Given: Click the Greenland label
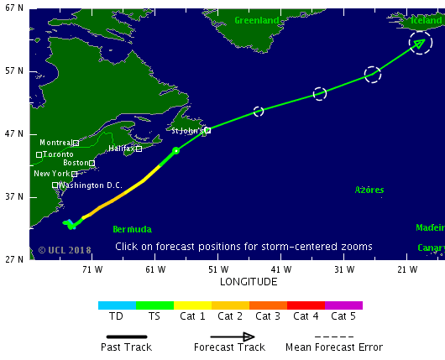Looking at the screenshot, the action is [256, 20].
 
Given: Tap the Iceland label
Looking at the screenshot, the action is [425, 20].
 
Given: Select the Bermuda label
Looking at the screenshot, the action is [132, 229].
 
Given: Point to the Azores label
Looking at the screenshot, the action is [369, 190].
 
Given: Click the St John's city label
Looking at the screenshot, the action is [187, 131].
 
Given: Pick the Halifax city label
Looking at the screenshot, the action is [122, 149].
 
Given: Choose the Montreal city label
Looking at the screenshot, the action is [55, 143].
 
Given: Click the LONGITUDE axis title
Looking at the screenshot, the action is [249, 282].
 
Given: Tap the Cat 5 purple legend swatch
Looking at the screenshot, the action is [343, 305].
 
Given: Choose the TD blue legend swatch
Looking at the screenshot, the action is [117, 305].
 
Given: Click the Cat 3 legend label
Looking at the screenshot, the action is [268, 316].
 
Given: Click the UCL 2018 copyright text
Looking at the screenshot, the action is [65, 250].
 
